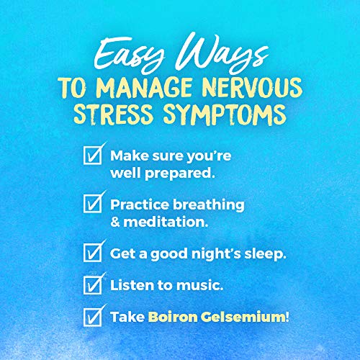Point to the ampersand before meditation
(116, 221)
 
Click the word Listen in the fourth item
(130, 286)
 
